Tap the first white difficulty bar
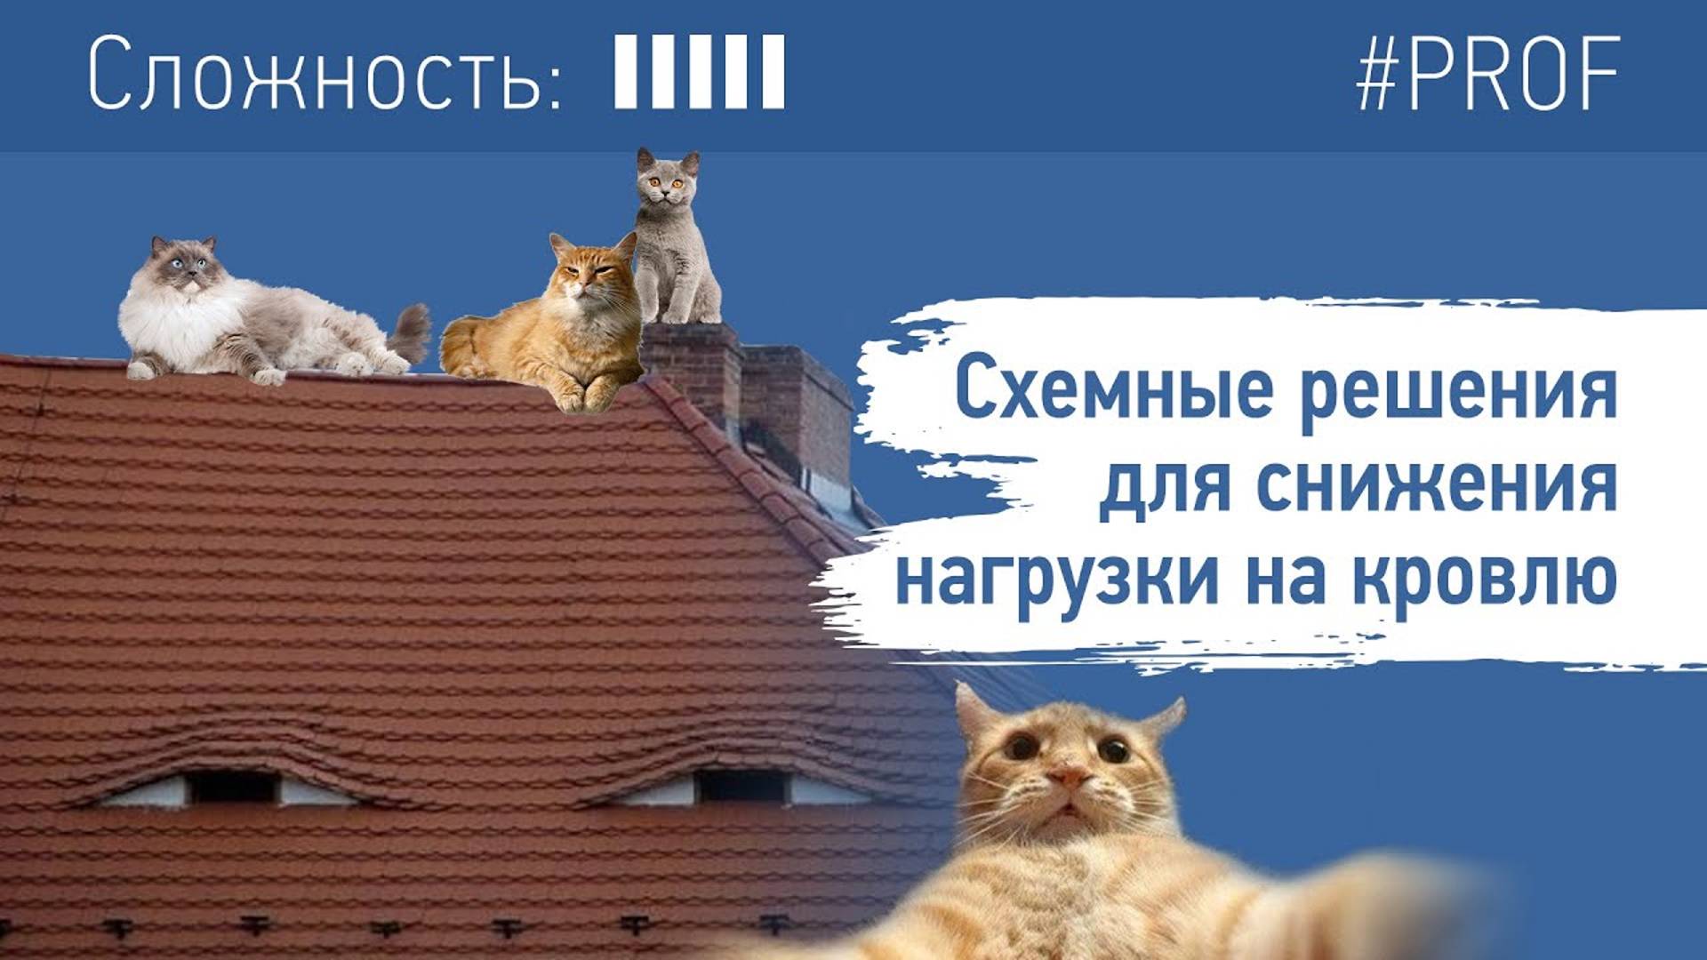pos(627,72)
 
